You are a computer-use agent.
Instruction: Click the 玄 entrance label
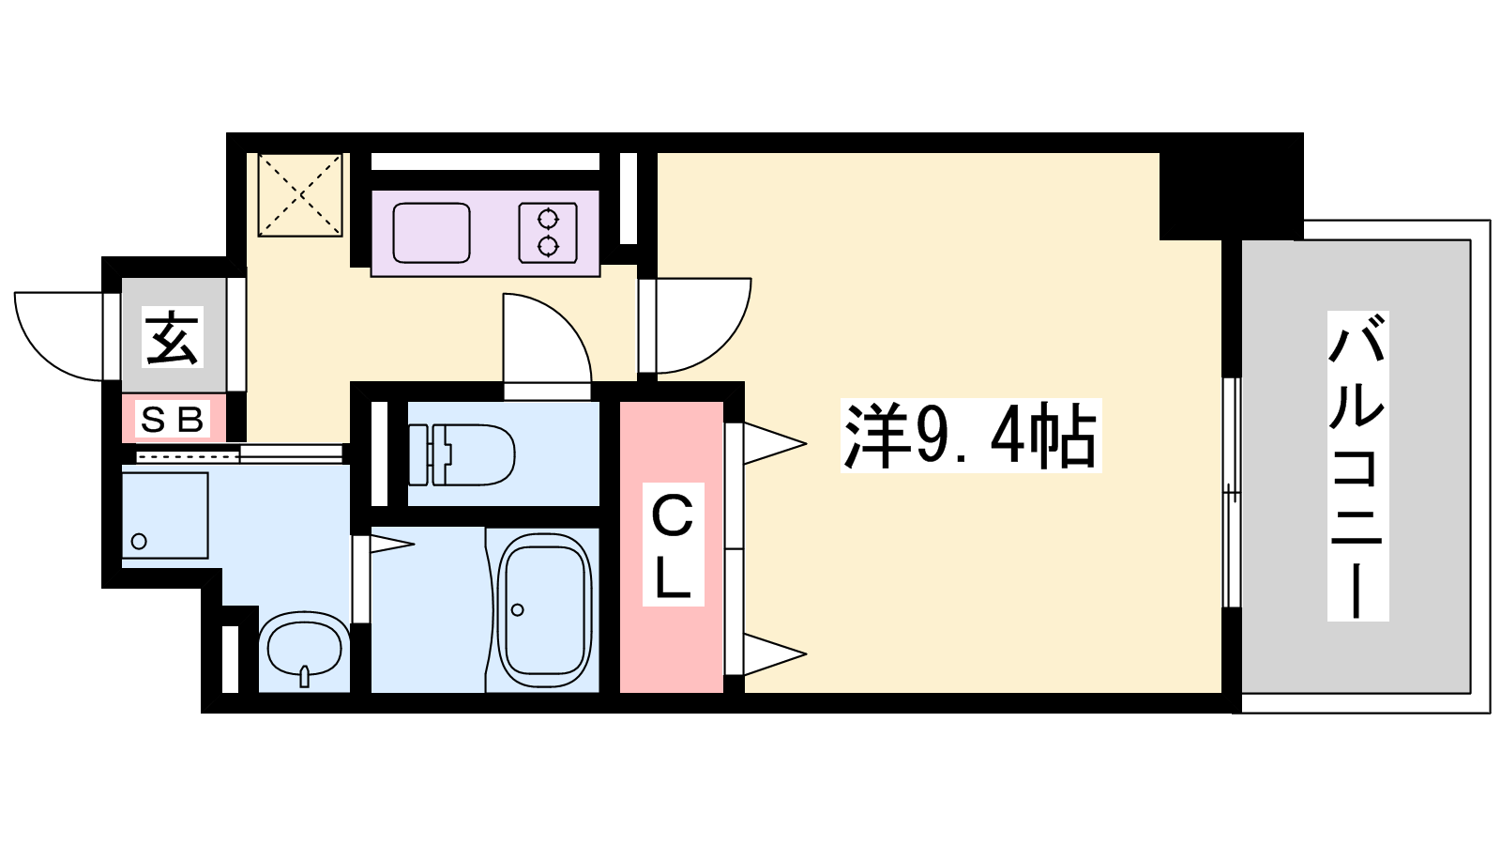coord(173,337)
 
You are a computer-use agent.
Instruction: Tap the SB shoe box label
coord(173,420)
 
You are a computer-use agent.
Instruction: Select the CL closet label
coord(673,545)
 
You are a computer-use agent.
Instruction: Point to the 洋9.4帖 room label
coord(971,436)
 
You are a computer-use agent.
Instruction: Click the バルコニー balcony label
coord(1357,466)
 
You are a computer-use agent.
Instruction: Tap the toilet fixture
coord(461,454)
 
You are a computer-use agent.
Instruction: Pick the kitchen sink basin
coord(432,233)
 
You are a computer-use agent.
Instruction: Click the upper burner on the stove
coord(548,219)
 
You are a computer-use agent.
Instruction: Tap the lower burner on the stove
coord(548,247)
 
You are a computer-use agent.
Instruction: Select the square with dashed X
coord(300,194)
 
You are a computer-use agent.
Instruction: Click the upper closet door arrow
coord(774,443)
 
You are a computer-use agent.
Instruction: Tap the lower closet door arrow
coord(774,653)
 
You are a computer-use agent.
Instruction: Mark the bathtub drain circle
coord(517,610)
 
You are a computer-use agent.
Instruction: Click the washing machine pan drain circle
coord(140,541)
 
